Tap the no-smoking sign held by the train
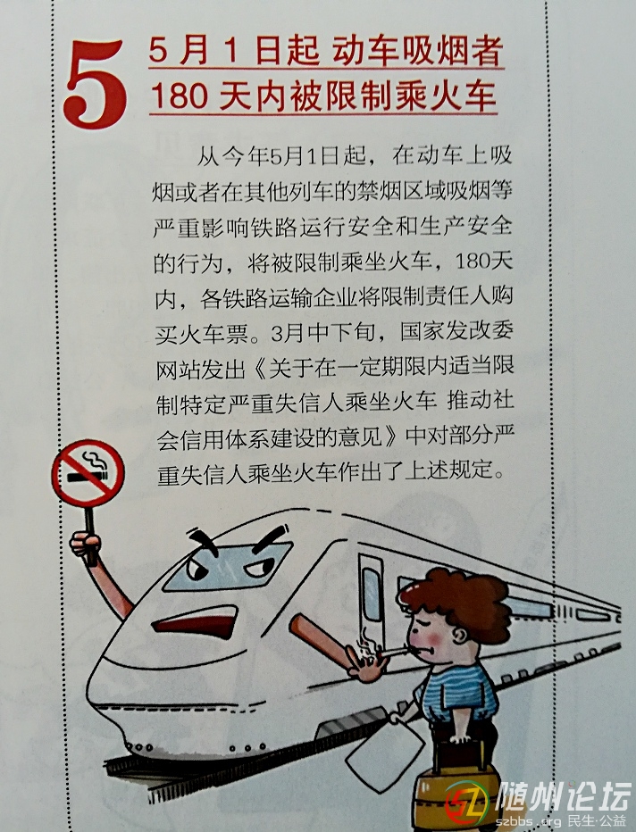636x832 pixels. pos(88,473)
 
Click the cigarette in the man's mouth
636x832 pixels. pos(393,651)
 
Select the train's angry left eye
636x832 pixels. pos(197,570)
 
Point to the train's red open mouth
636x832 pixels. pos(196,621)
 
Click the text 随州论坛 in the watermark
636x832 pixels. pos(564,797)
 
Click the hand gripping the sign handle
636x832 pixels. pos(85,545)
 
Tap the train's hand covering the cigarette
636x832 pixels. pos(366,663)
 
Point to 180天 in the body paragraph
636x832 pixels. pos(483,262)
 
